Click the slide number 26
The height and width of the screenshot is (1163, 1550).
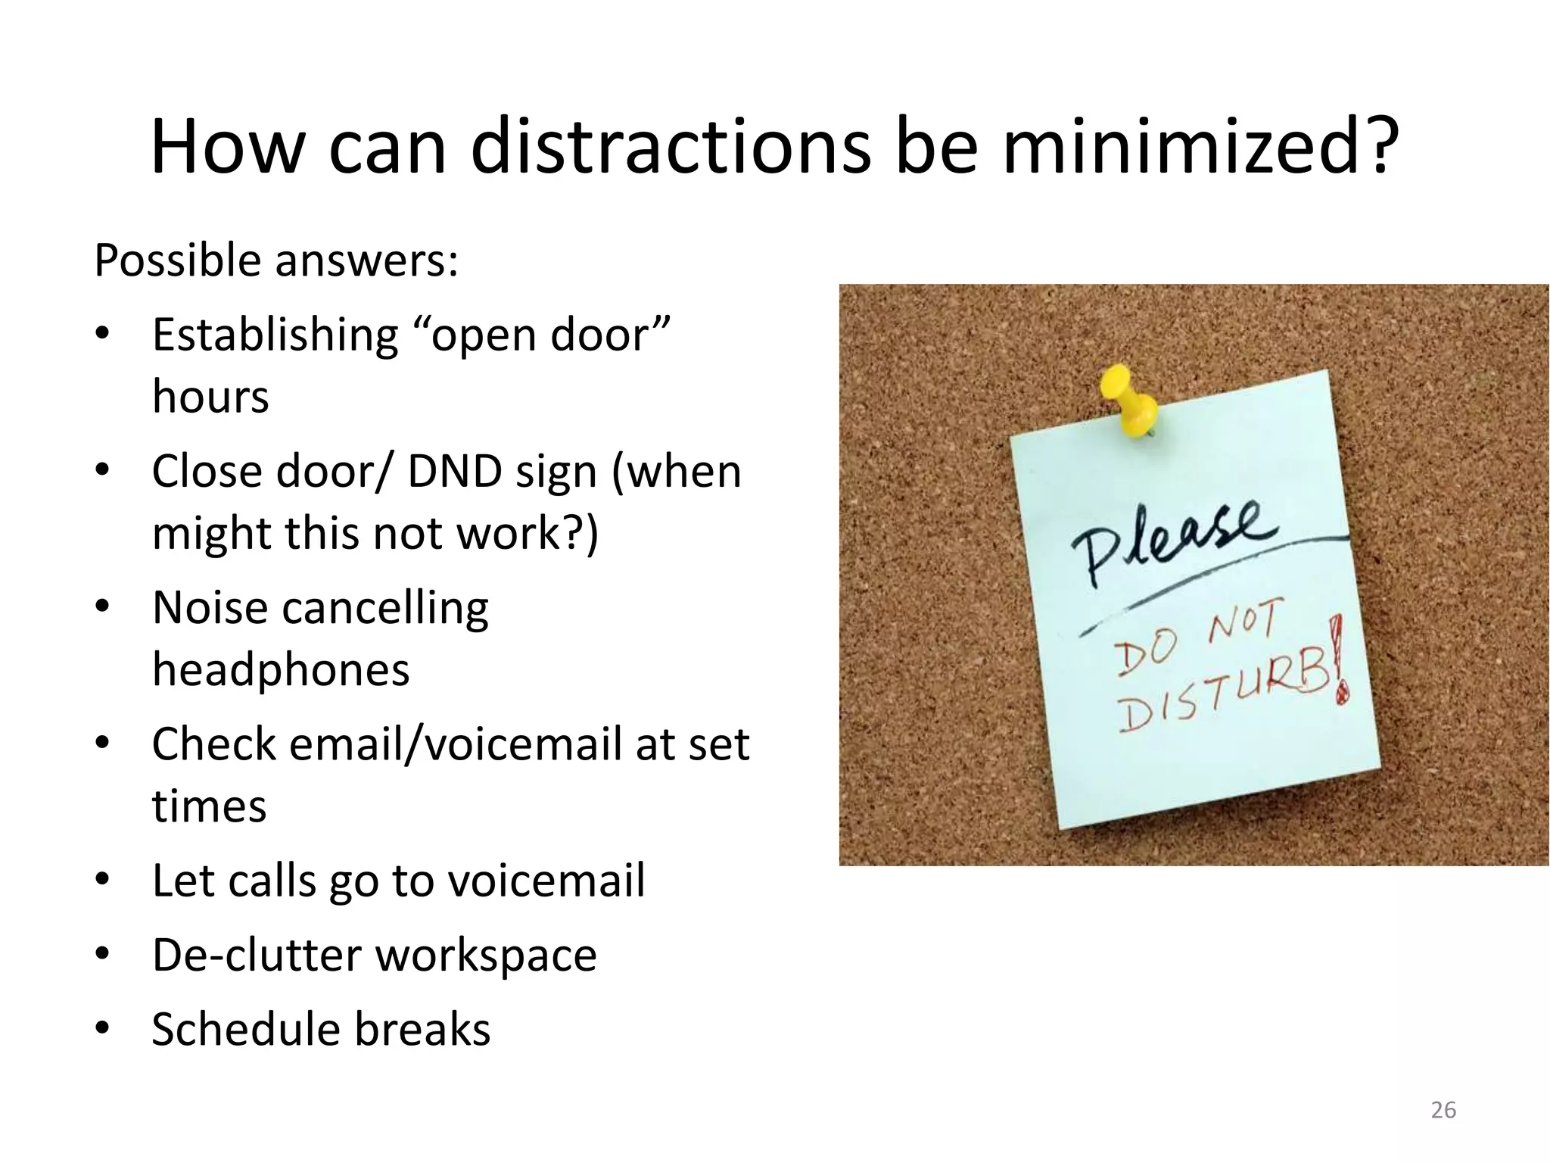[x=1443, y=1110]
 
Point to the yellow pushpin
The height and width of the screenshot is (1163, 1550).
[x=1130, y=402]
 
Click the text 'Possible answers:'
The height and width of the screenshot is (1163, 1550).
[x=276, y=261]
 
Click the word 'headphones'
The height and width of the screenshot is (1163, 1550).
[x=281, y=670]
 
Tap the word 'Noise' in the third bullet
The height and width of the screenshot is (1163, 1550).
[x=210, y=608]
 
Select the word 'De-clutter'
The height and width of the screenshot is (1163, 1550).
[x=256, y=955]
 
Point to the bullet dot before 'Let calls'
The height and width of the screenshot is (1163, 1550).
[x=103, y=881]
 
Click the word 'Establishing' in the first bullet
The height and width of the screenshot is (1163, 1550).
[x=275, y=335]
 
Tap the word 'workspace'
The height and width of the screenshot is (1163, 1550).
[x=487, y=955]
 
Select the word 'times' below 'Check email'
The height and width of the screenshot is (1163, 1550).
[x=209, y=806]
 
